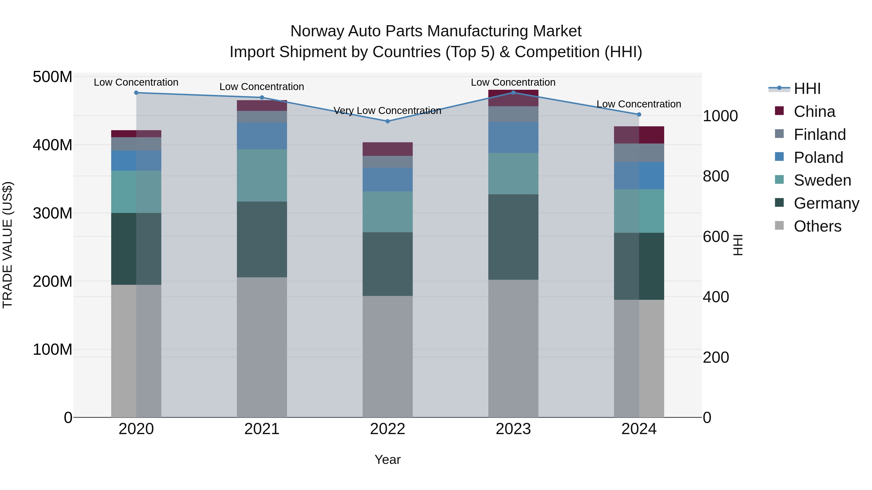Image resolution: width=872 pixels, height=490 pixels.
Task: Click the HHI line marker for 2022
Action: (x=388, y=121)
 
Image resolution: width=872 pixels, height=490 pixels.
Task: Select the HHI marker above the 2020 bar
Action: (x=136, y=93)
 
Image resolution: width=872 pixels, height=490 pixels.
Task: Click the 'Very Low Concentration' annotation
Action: (x=387, y=111)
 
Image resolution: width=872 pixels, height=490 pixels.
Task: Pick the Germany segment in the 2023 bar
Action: (x=513, y=237)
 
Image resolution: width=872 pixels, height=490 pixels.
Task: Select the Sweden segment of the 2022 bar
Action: (x=388, y=212)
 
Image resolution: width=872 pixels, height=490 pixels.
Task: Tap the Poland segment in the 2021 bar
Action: (x=262, y=136)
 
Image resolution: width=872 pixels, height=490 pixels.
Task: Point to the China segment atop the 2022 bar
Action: (x=388, y=149)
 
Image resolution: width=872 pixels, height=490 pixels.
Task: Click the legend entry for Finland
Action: (x=819, y=135)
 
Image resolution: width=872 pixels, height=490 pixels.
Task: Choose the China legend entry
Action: (x=814, y=112)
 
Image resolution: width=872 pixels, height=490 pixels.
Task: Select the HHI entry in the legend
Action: (x=807, y=89)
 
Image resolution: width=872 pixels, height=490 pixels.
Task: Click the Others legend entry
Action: (x=817, y=226)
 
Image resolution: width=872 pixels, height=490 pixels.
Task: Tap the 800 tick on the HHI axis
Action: (x=716, y=176)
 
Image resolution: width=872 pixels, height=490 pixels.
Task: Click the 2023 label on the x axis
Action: (x=513, y=429)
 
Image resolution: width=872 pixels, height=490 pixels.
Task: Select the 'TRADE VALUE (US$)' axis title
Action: (x=8, y=245)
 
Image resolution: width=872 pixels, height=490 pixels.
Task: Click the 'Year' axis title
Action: (x=387, y=460)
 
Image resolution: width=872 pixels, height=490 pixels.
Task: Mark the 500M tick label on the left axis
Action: (x=53, y=77)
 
